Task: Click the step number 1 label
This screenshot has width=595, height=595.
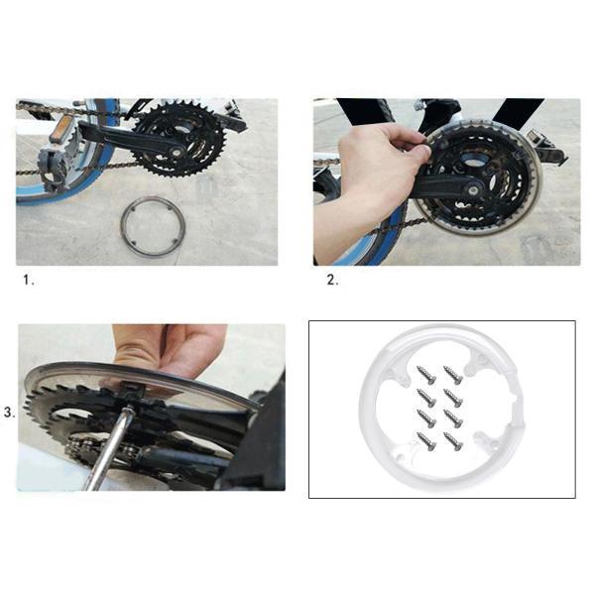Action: [29, 280]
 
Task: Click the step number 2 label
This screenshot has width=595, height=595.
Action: [332, 280]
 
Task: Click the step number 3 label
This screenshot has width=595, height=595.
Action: [10, 413]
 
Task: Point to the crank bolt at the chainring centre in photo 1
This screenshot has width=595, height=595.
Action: [177, 152]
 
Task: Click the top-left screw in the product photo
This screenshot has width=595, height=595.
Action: [425, 375]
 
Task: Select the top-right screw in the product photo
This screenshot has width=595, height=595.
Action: [453, 375]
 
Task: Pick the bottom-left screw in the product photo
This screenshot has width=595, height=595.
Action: [425, 441]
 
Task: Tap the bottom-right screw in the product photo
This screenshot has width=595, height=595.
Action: [453, 441]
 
